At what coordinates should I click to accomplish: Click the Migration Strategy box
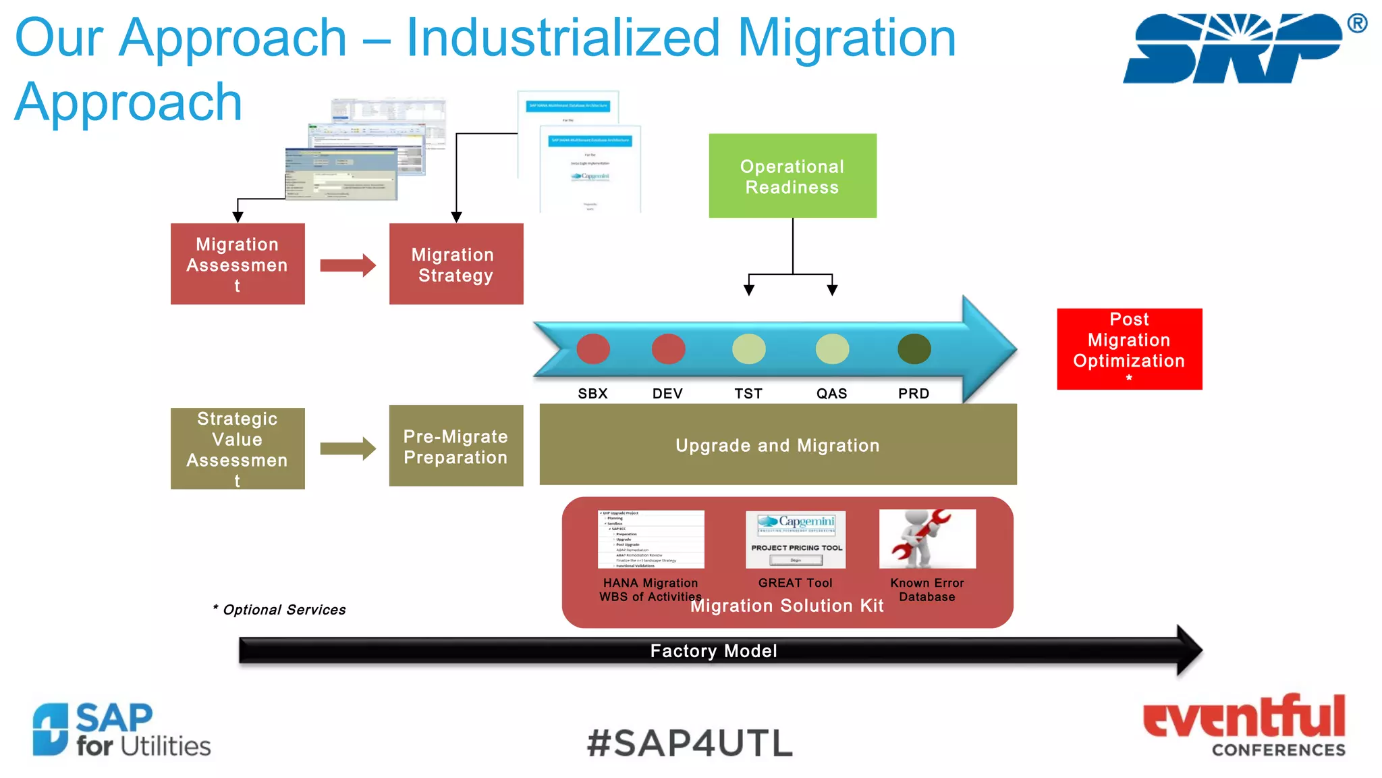coord(455,264)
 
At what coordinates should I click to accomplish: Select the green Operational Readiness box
coord(792,176)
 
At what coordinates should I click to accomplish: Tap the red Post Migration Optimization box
coord(1129,348)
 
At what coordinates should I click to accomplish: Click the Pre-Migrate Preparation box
coord(455,446)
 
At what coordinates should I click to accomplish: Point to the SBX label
coord(592,394)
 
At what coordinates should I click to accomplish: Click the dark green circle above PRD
coord(914,349)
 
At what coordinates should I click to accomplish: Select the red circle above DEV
coord(668,349)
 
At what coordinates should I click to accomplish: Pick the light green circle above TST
coord(748,349)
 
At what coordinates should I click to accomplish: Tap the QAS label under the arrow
coord(831,394)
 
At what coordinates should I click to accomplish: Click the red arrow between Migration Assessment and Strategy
coord(347,265)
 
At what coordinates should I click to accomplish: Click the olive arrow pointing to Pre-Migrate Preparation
coord(347,448)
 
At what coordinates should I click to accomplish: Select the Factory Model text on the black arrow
coord(713,651)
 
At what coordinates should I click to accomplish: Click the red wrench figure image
coord(927,539)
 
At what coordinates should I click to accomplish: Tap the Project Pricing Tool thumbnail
coord(795,540)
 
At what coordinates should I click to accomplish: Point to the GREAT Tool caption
coord(795,583)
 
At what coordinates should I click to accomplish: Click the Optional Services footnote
coord(279,610)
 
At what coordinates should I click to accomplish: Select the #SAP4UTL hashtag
coord(690,744)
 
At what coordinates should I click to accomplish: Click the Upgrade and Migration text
coord(777,446)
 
